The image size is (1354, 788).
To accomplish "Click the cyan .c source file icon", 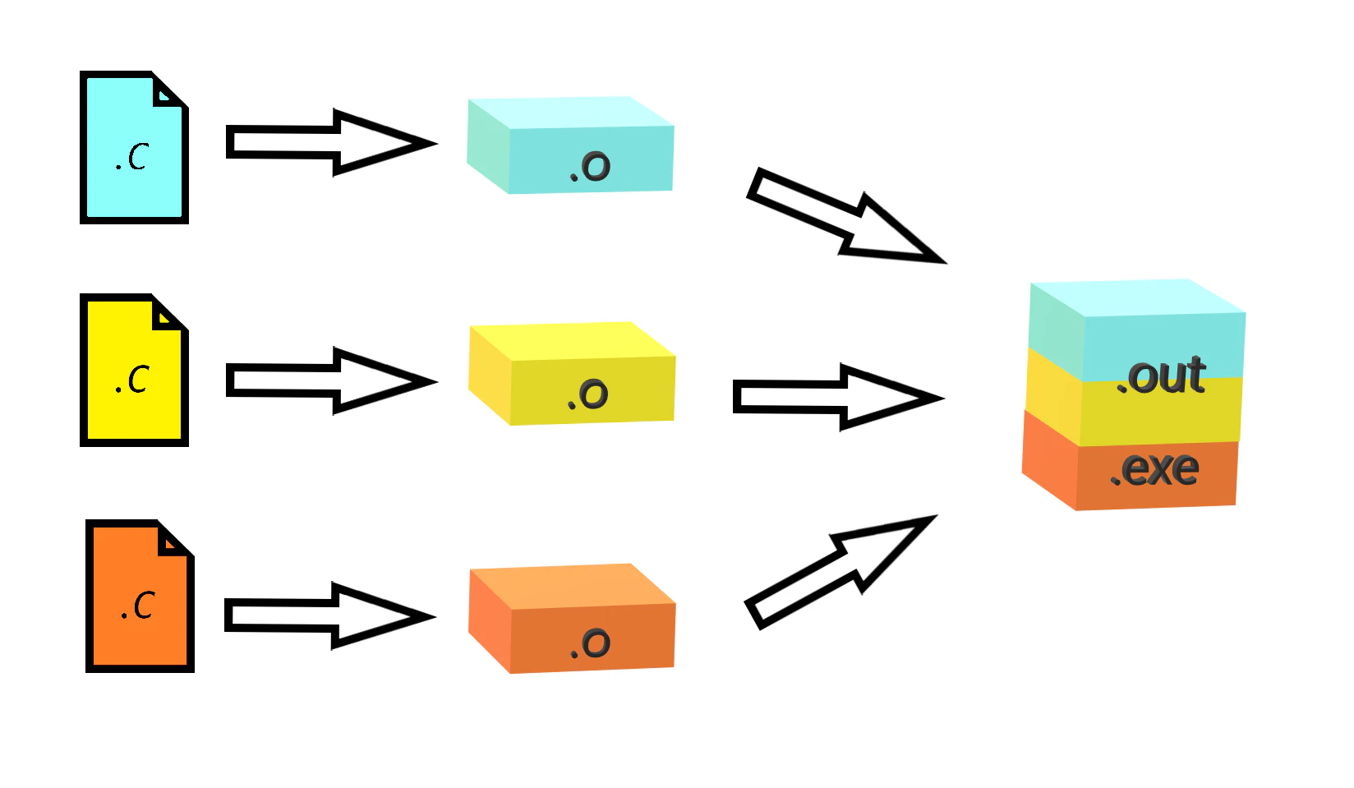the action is pyautogui.click(x=134, y=148).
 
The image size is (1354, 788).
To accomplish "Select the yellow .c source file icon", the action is pyautogui.click(x=134, y=370).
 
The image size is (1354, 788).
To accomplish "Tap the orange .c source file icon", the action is pyautogui.click(x=140, y=596).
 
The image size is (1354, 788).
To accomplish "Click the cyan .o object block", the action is pyautogui.click(x=571, y=145).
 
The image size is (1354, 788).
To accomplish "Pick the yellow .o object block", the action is pyautogui.click(x=572, y=374).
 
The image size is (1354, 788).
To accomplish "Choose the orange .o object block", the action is pyautogui.click(x=572, y=619).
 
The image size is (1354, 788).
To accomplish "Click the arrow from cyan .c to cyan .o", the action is pyautogui.click(x=331, y=143).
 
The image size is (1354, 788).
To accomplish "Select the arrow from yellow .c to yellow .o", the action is pyautogui.click(x=331, y=381).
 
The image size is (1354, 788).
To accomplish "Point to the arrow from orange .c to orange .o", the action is pyautogui.click(x=330, y=616).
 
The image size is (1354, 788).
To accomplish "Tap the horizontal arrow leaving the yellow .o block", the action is pyautogui.click(x=838, y=398).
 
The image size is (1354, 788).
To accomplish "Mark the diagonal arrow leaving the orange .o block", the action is pyautogui.click(x=841, y=572).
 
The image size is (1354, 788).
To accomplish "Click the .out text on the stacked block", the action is pyautogui.click(x=1161, y=376).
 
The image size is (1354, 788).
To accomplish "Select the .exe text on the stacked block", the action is pyautogui.click(x=1154, y=469).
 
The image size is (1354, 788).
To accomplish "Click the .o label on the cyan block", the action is pyautogui.click(x=590, y=166).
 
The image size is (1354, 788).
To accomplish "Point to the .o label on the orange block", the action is pyautogui.click(x=590, y=643).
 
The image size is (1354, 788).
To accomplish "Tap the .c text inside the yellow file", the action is pyautogui.click(x=131, y=379).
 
